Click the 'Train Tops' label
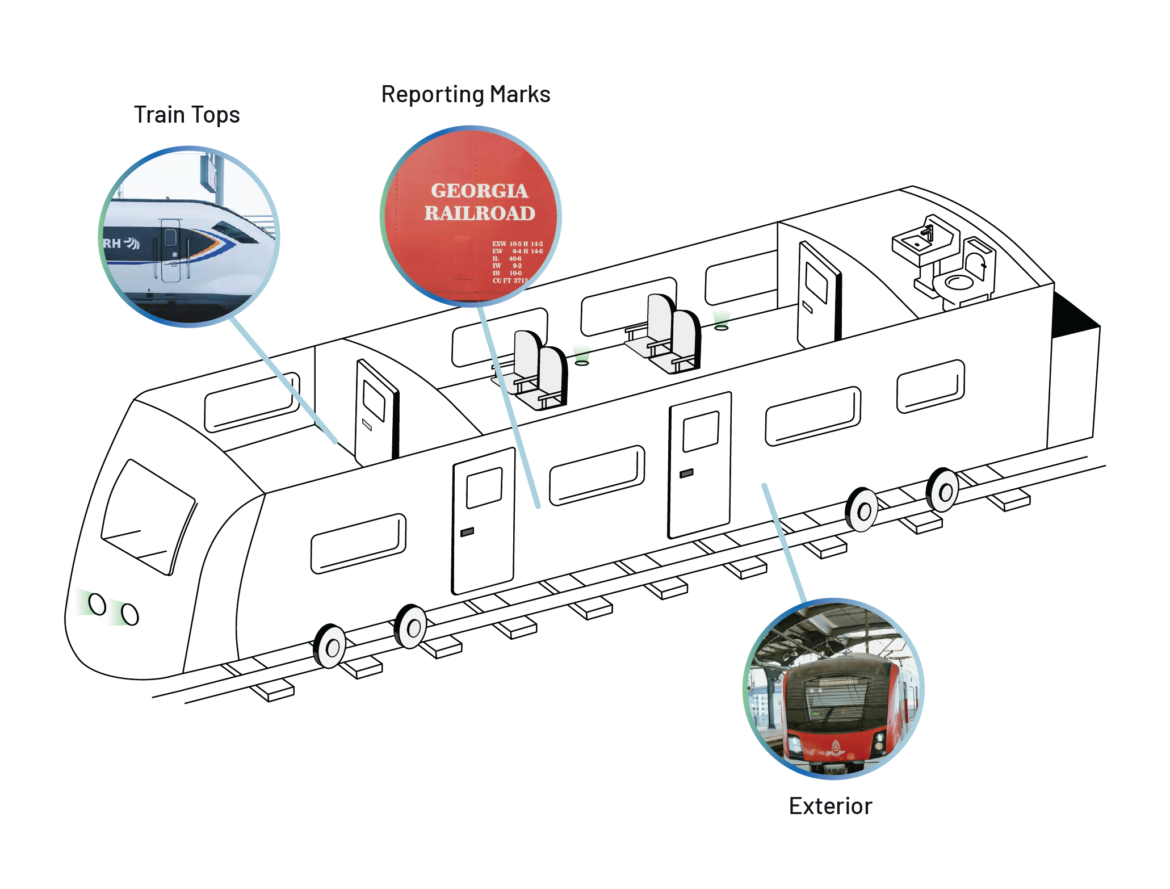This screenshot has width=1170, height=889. [187, 115]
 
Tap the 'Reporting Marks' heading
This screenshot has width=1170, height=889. [466, 94]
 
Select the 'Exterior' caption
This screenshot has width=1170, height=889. [830, 806]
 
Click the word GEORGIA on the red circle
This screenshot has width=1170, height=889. [479, 191]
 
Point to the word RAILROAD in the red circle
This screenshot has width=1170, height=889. [480, 213]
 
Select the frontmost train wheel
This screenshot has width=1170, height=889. [330, 646]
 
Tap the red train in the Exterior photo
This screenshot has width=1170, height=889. [834, 710]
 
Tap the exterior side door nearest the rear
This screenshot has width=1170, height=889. [699, 464]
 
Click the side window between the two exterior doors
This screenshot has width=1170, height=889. [597, 475]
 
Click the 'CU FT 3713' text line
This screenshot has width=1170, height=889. [510, 280]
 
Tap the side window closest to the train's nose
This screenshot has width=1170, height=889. [358, 543]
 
